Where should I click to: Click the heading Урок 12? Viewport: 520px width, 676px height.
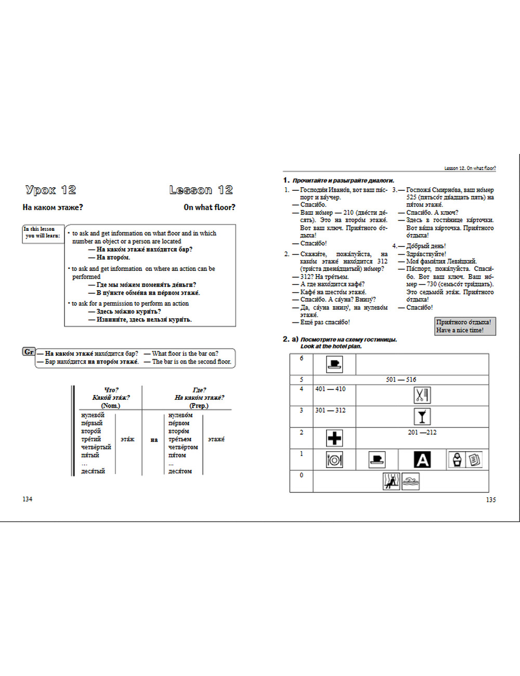click(50, 190)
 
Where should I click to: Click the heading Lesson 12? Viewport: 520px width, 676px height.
click(201, 190)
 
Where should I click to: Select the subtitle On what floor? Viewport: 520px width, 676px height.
click(209, 207)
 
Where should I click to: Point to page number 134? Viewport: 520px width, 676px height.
click(28, 499)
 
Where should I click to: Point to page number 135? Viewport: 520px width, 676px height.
click(490, 500)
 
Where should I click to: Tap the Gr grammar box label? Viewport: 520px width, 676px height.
click(29, 352)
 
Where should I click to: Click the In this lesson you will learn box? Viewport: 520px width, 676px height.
click(42, 232)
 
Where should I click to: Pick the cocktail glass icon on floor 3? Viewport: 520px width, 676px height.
click(422, 417)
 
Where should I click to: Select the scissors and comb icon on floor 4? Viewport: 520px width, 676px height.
click(422, 395)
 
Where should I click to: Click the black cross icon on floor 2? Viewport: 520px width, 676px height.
click(334, 438)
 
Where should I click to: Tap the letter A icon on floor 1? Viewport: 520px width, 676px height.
click(422, 460)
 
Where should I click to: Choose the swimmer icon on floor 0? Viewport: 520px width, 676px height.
click(410, 481)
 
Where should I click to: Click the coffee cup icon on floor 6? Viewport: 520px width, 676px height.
click(334, 363)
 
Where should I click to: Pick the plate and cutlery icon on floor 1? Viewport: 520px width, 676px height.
click(334, 460)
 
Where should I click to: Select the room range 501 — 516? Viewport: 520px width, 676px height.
click(401, 380)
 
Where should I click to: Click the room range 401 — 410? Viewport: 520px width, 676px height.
click(330, 389)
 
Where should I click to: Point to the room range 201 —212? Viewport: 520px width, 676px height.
click(422, 432)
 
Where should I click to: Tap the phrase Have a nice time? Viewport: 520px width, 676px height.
click(460, 330)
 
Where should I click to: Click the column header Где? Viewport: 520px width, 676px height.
click(199, 390)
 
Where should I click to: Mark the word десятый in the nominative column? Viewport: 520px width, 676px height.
click(93, 471)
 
